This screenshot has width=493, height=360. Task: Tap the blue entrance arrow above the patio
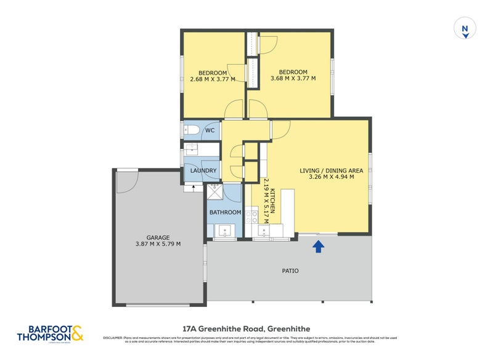click(x=319, y=247)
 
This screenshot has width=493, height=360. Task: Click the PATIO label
click(x=290, y=271)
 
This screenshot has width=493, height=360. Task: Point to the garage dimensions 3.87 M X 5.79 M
click(x=158, y=244)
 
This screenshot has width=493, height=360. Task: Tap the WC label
click(x=210, y=131)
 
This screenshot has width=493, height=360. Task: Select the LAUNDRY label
click(x=203, y=171)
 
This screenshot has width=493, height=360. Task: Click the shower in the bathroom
click(x=215, y=194)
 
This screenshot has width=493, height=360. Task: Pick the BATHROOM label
click(x=225, y=213)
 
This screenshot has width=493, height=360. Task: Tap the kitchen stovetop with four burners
click(x=251, y=216)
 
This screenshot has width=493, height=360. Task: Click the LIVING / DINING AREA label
click(x=331, y=171)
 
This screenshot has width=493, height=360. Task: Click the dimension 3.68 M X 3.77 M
click(x=293, y=79)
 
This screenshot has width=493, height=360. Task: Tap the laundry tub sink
click(x=192, y=149)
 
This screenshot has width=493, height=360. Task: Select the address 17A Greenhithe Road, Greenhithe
click(x=246, y=329)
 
